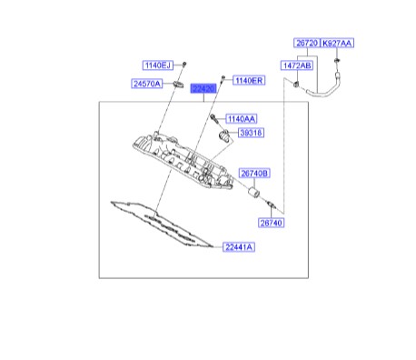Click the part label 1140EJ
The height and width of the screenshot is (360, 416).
(158, 65)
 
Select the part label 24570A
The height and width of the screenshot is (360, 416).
(147, 84)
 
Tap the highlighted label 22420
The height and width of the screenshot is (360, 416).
(203, 88)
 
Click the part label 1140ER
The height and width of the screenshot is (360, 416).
(249, 80)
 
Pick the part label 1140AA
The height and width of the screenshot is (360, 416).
(242, 119)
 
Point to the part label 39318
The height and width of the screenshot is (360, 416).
(251, 133)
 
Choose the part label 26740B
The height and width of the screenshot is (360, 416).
(254, 174)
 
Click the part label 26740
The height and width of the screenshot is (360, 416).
(271, 223)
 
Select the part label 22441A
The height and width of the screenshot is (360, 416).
(239, 247)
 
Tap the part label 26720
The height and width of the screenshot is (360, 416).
(307, 43)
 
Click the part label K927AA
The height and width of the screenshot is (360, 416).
(337, 43)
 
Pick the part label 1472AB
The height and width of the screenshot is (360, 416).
(297, 65)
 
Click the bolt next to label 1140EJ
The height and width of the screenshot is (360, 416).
(184, 65)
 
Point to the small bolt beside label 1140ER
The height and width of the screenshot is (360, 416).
(223, 78)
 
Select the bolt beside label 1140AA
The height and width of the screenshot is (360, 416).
(214, 118)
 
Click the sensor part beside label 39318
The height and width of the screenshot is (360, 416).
(224, 135)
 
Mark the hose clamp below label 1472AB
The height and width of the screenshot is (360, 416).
(296, 84)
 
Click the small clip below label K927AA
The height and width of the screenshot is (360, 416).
(336, 61)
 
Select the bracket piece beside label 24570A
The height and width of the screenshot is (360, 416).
(179, 84)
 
